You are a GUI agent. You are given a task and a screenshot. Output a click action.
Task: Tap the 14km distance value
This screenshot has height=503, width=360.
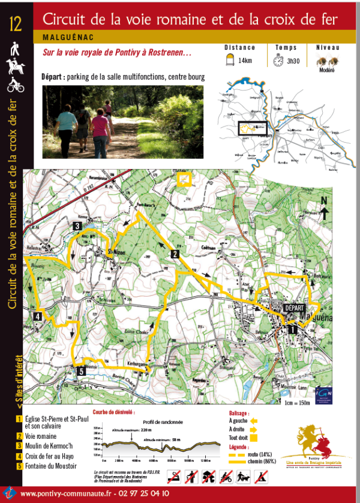tap(245, 61)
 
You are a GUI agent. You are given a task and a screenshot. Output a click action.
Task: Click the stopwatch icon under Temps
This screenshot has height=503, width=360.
tap(278, 60)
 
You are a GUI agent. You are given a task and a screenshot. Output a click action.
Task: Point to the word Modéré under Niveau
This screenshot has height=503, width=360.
tap(326, 70)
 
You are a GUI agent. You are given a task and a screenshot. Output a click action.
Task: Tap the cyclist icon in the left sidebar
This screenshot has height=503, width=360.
tap(16, 86)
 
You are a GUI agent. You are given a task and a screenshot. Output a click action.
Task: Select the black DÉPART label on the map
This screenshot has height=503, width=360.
tap(294, 308)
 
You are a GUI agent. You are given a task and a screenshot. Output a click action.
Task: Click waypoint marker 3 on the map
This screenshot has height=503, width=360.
tap(77, 226)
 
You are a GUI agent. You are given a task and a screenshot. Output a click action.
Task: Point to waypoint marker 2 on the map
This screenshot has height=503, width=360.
tap(175, 254)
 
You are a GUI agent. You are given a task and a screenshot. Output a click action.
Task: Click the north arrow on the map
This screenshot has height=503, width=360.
tap(323, 210)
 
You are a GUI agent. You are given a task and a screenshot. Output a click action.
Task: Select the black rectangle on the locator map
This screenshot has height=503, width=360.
tap(251, 128)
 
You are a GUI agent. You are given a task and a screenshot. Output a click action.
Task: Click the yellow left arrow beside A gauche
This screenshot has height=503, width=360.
tap(254, 421)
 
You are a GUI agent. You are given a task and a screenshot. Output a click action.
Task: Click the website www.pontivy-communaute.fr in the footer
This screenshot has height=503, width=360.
tap(66, 493)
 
